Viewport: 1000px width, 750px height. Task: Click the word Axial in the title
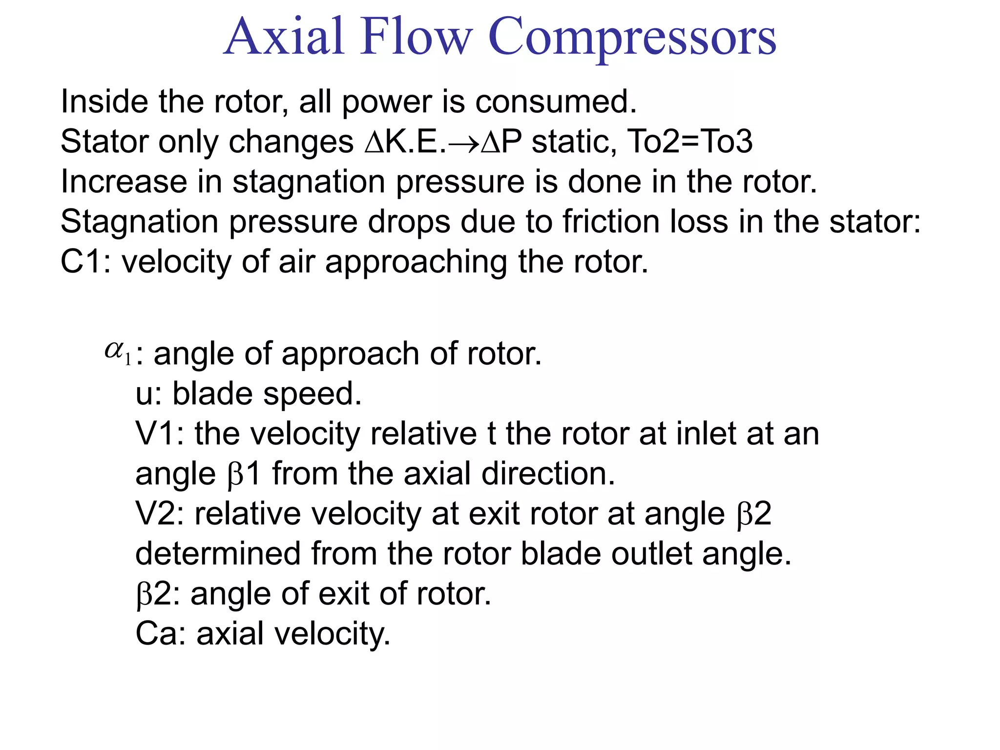coord(285,36)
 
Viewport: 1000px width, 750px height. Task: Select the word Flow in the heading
coord(417,36)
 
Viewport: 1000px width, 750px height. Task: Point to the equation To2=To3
coord(689,142)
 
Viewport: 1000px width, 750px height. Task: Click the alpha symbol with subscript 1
coord(118,352)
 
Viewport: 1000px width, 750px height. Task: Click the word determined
coord(218,554)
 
